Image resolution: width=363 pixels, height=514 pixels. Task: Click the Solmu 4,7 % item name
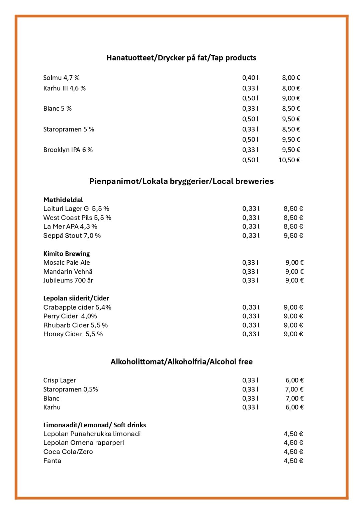click(x=61, y=78)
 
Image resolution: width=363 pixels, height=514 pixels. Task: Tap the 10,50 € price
click(x=289, y=160)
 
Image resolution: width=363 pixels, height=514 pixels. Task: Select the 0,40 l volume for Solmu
click(x=250, y=78)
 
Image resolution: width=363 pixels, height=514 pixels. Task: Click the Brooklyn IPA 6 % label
click(x=68, y=150)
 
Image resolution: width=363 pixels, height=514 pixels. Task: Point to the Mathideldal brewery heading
click(x=63, y=200)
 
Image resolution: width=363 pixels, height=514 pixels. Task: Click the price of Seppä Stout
click(x=293, y=236)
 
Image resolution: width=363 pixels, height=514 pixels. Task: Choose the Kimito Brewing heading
click(x=67, y=254)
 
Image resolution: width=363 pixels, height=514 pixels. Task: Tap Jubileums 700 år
click(x=68, y=280)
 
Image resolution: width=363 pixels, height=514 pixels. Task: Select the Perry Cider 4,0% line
click(x=70, y=316)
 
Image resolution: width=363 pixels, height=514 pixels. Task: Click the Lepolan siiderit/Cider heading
click(x=76, y=298)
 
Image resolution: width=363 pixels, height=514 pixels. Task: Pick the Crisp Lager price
click(x=294, y=380)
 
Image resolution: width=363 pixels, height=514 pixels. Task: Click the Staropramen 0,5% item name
click(x=71, y=389)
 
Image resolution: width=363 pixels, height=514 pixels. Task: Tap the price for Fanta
click(x=293, y=461)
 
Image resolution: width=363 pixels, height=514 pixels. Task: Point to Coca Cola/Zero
click(x=68, y=452)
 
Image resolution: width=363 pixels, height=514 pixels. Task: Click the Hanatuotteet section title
click(x=181, y=58)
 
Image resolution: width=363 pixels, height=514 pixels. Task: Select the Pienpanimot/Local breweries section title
click(x=181, y=181)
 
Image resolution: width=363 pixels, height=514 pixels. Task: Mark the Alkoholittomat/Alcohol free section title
click(x=181, y=362)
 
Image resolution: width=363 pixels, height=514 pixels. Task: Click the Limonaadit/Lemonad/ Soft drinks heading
click(x=95, y=425)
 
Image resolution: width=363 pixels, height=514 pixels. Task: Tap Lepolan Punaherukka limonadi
click(x=92, y=434)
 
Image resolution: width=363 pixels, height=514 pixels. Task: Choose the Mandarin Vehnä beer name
click(x=68, y=271)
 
